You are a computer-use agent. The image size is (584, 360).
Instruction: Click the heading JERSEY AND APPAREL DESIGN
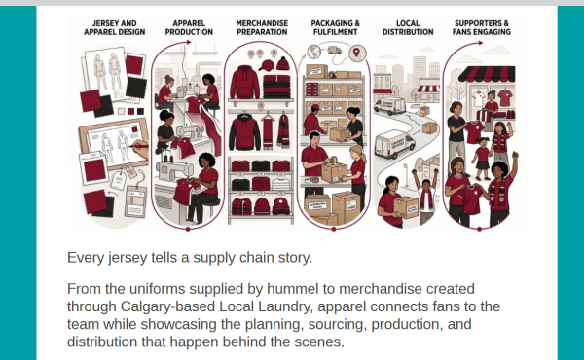114,27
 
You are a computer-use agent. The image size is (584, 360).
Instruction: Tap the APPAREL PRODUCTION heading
189,27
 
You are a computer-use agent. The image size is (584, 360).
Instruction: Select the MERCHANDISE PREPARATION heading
262,27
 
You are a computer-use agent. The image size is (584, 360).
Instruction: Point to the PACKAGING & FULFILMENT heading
335,27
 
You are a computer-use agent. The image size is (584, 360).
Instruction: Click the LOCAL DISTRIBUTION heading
408,27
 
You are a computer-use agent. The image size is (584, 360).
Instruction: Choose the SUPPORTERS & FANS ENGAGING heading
482,27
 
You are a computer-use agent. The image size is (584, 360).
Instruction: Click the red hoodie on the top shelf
244,82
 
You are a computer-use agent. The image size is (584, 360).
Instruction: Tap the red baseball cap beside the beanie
267,65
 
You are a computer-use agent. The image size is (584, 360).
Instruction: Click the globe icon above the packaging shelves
314,52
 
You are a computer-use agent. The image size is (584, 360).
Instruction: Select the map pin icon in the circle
357,53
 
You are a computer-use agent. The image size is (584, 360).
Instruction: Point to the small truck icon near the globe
335,50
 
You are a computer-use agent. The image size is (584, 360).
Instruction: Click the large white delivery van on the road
394,144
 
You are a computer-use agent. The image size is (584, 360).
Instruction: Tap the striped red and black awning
487,74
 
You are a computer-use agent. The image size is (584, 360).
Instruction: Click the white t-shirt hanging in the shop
479,98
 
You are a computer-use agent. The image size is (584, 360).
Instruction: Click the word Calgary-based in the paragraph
167,306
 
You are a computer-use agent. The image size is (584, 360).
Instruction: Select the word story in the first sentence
295,258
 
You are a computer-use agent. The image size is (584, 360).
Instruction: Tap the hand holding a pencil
139,146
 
